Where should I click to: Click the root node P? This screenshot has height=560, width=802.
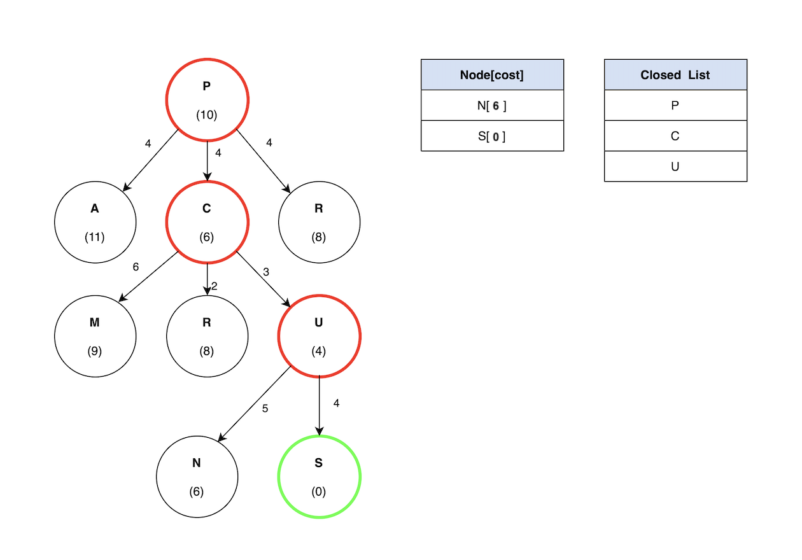[x=207, y=100]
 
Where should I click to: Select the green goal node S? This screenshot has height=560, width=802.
[x=319, y=477]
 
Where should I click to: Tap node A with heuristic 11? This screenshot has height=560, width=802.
[x=95, y=222]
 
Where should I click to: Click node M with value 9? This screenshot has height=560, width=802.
[x=95, y=335]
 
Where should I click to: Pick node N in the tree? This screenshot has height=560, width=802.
[x=197, y=477]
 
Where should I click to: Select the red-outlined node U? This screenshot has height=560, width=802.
[x=319, y=335]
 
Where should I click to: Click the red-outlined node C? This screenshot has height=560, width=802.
[x=207, y=222]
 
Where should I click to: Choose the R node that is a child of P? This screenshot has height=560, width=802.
[x=319, y=222]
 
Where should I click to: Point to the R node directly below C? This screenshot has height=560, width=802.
[x=207, y=335]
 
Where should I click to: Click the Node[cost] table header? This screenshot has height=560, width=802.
[x=492, y=74]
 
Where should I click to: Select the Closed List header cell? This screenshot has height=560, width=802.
[x=675, y=74]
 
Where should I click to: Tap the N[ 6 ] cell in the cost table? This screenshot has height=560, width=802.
[x=492, y=106]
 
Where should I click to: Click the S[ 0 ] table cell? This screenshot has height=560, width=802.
[x=492, y=136]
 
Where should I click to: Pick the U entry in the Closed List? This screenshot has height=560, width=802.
[x=675, y=167]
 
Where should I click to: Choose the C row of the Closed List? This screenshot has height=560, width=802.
[x=675, y=136]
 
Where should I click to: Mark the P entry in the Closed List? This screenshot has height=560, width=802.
[x=675, y=106]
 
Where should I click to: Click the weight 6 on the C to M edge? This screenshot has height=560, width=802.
[x=136, y=267]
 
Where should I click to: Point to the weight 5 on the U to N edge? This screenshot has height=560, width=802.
[x=265, y=408]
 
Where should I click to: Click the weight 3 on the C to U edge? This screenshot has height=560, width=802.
[x=266, y=272]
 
